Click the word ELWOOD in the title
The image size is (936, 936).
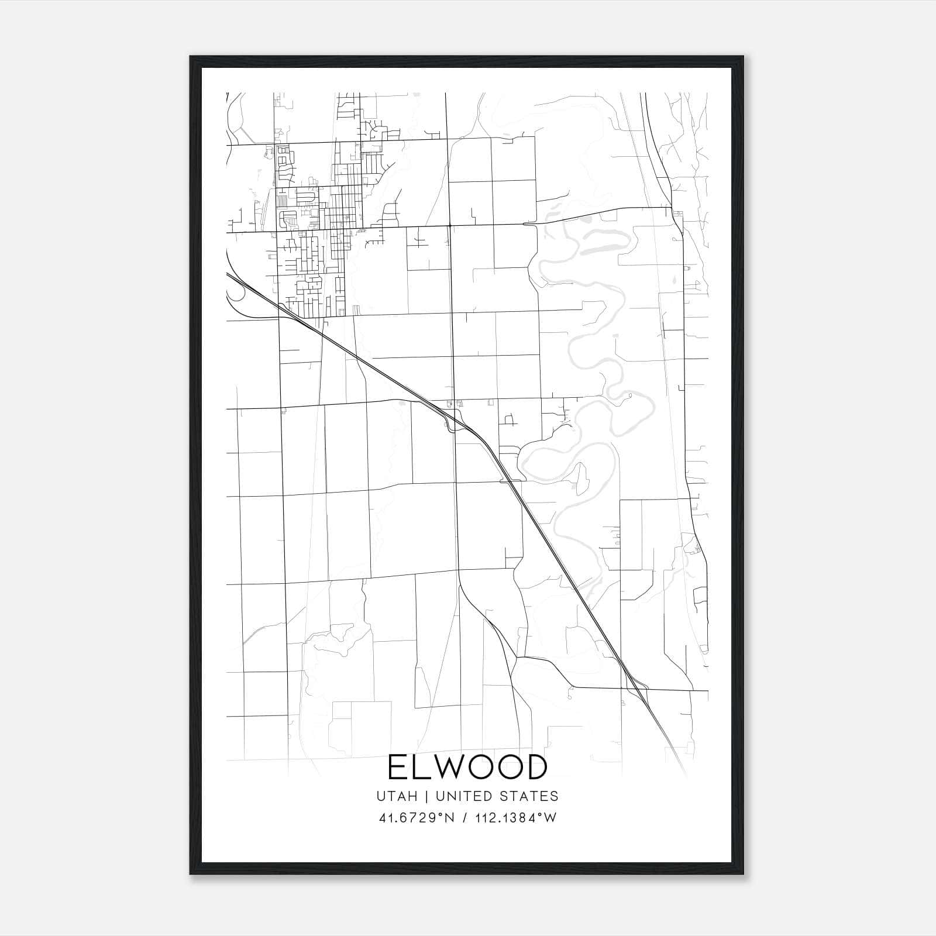tap(467, 768)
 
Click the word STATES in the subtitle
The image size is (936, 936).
tap(531, 796)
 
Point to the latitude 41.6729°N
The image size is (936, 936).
tap(417, 818)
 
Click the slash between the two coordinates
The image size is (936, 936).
tap(464, 818)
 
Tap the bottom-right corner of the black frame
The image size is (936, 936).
tap(743, 874)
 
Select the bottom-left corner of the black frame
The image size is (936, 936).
tap(191, 874)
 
